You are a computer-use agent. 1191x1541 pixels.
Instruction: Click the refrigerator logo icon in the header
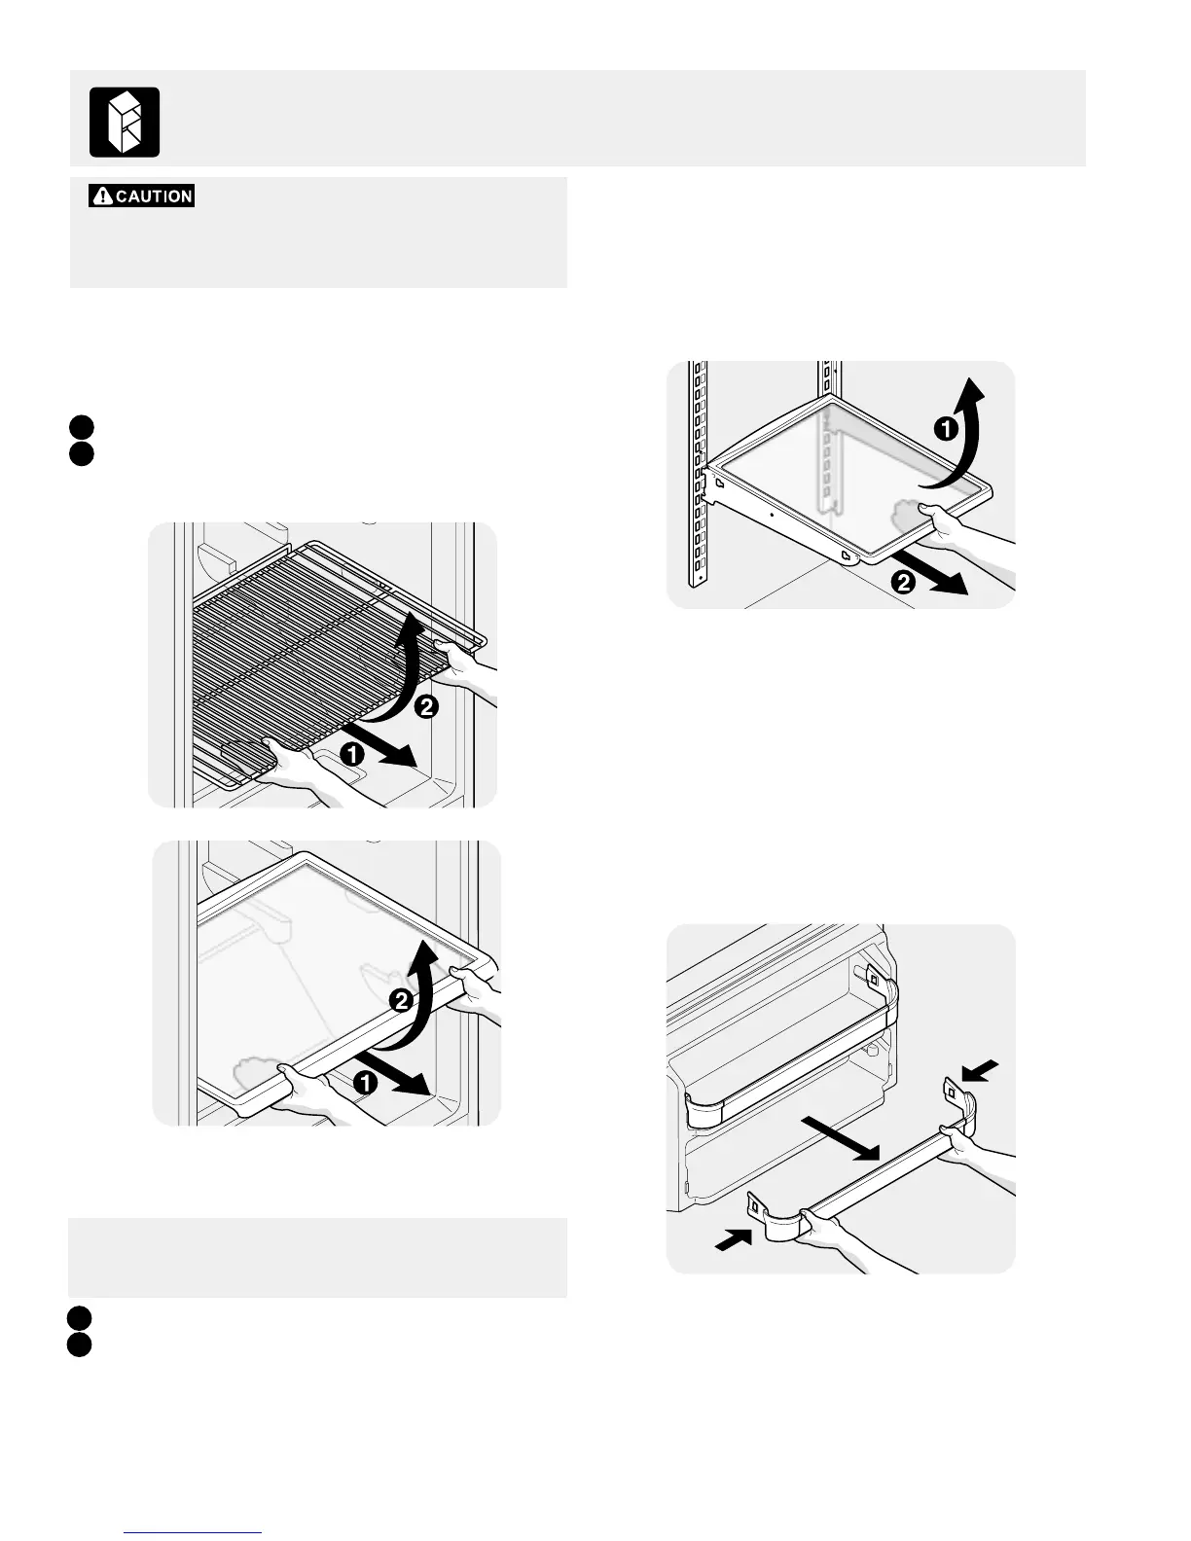tap(125, 122)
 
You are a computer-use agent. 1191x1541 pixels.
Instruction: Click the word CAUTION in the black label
tap(154, 197)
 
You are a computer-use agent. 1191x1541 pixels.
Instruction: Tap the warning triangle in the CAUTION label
tap(102, 197)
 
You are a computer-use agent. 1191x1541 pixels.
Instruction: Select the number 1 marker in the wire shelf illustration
tap(352, 752)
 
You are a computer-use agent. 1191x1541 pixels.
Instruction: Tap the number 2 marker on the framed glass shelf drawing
tap(400, 999)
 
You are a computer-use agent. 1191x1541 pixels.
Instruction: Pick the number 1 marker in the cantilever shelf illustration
tap(944, 429)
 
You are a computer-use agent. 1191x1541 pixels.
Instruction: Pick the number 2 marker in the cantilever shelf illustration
tap(904, 583)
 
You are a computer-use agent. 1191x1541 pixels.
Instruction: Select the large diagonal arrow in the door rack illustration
tap(842, 1137)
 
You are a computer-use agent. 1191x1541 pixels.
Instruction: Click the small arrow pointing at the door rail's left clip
tap(732, 1238)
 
